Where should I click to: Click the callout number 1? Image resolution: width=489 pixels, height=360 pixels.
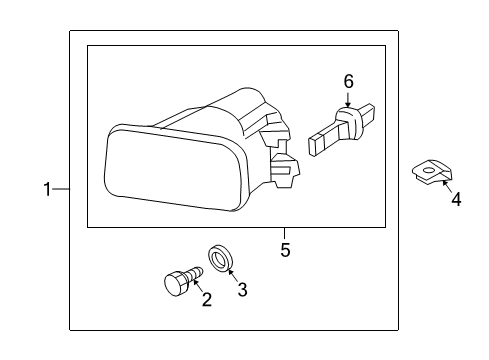46,189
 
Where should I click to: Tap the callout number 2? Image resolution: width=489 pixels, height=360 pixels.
207,299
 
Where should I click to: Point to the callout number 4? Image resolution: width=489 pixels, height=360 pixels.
455,199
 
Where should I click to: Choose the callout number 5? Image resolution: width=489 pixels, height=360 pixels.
285,250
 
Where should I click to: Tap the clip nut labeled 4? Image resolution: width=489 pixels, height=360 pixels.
427,174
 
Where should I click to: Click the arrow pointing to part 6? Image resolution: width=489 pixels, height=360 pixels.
349,98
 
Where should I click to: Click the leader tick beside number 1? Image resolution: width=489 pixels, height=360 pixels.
61,189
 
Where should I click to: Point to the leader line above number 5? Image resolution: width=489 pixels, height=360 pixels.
285,234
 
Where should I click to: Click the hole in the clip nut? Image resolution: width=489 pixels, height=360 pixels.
429,172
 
